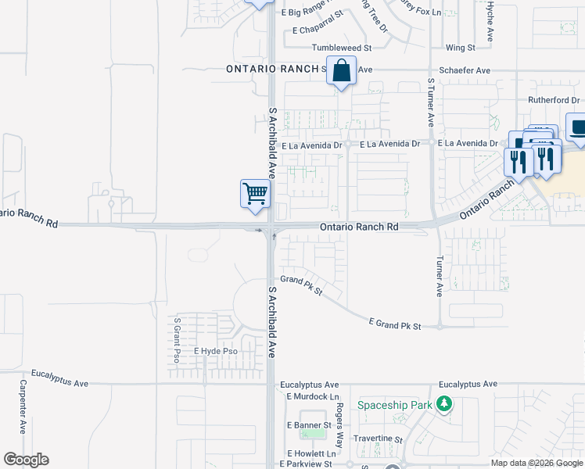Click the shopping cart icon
(x=255, y=194)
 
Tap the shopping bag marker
(x=342, y=71)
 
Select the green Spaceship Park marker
(x=444, y=404)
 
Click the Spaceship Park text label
(x=395, y=405)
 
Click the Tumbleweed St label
(x=341, y=48)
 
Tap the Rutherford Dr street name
(x=554, y=100)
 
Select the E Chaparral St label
(x=318, y=31)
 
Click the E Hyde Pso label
(x=215, y=353)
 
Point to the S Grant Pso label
(x=178, y=340)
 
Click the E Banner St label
(x=311, y=425)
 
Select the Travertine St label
(x=378, y=440)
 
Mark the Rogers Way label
(x=340, y=420)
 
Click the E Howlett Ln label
(x=311, y=453)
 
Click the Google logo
(x=26, y=460)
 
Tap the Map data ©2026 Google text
(x=537, y=463)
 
